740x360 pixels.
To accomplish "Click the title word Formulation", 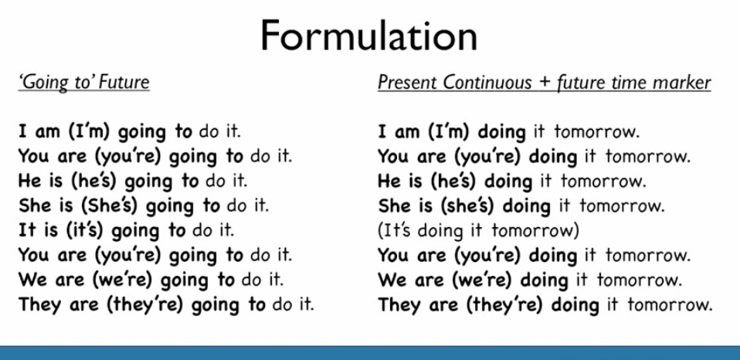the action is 368,36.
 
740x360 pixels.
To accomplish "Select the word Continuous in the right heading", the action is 487,83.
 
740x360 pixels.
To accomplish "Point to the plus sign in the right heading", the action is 544,83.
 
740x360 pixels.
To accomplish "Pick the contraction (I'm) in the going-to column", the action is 89,131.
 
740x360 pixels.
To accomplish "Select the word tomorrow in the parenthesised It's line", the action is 532,231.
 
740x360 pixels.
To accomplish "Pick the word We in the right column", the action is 390,280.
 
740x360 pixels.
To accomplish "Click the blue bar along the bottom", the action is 370,352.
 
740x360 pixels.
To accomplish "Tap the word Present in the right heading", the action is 408,83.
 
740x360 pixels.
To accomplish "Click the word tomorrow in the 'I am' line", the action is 596,132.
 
